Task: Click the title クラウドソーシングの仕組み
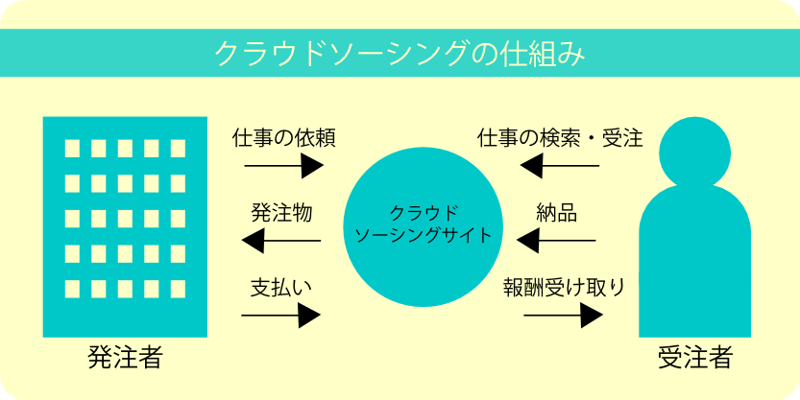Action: (400, 53)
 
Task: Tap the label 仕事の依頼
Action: (283, 137)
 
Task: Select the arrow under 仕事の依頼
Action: (283, 167)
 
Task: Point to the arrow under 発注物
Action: (281, 241)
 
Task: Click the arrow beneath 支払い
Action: (282, 315)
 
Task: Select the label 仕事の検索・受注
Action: (560, 137)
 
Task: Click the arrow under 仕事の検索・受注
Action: (559, 168)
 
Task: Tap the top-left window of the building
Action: (72, 149)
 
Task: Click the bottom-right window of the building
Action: (178, 288)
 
